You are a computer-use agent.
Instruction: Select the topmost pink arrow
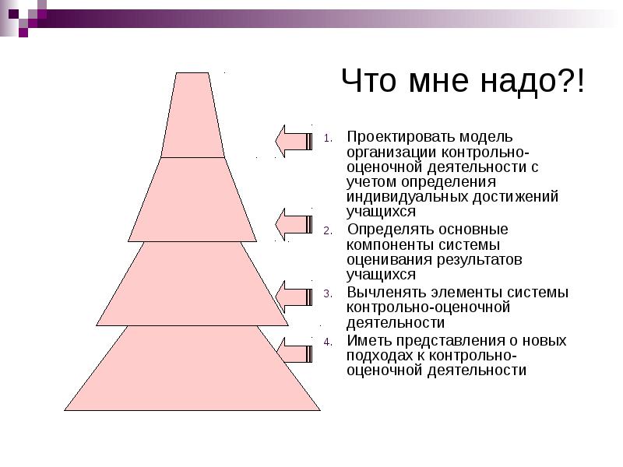294,141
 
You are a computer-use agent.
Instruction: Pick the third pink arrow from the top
294,297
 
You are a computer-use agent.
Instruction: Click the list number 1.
328,139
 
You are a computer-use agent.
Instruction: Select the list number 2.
328,231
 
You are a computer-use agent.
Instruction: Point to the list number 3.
328,294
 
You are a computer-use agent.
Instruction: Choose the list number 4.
328,342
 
